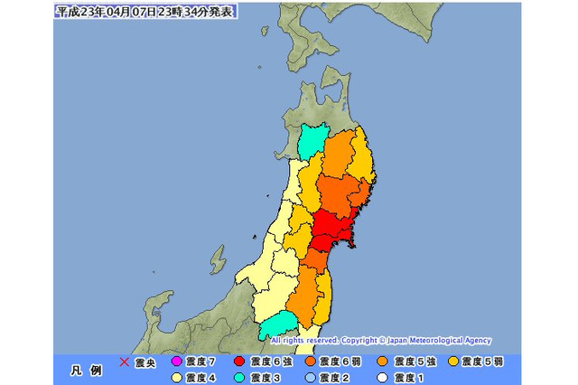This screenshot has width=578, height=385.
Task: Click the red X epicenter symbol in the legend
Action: click(x=125, y=362)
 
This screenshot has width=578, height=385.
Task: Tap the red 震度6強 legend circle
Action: click(x=239, y=362)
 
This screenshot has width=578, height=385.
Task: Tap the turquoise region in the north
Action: click(x=313, y=141)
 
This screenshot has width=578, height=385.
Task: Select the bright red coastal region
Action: click(x=334, y=230)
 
